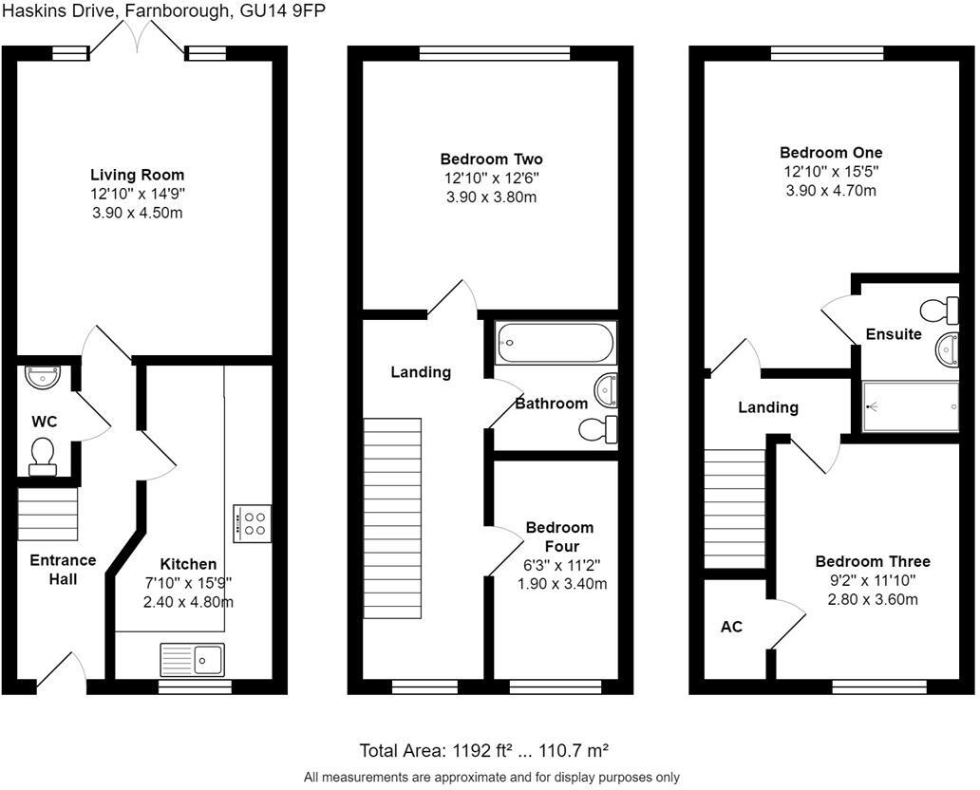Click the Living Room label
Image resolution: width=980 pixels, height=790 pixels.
click(137, 175)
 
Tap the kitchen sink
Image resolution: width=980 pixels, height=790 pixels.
click(193, 658)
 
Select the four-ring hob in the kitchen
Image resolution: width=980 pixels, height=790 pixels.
click(253, 523)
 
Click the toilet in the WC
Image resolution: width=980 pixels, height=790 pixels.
click(43, 456)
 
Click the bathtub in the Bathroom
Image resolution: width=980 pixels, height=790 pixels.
click(556, 342)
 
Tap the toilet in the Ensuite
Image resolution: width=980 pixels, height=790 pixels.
click(940, 310)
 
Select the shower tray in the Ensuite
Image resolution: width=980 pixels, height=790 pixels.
click(911, 406)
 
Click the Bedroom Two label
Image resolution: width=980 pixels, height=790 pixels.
click(491, 159)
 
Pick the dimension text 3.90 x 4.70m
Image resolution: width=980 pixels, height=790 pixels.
click(831, 190)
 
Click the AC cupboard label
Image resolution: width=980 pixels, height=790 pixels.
click(731, 627)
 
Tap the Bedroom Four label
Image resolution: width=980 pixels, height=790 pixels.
click(559, 536)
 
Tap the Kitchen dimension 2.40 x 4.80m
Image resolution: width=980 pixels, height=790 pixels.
click(188, 602)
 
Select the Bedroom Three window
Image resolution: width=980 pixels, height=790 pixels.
click(879, 686)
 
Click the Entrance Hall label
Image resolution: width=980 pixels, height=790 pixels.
click(62, 569)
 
